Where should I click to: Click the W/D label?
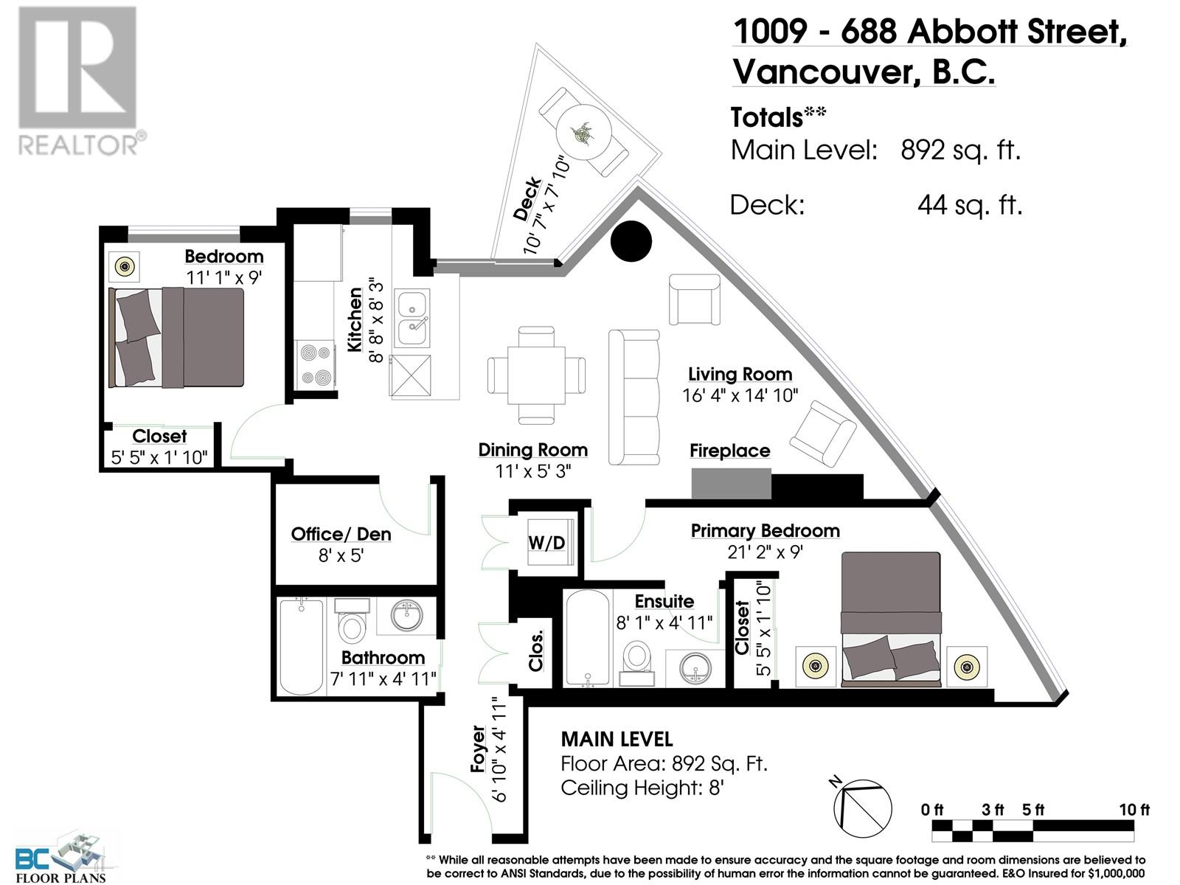(x=546, y=543)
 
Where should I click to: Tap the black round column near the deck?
(x=632, y=241)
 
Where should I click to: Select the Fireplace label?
(x=729, y=451)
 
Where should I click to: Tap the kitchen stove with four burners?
(x=316, y=364)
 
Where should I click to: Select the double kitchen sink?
(x=413, y=319)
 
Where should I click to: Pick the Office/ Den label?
(x=341, y=534)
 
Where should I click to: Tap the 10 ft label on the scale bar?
(x=1134, y=810)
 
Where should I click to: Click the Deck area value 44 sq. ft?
(x=970, y=205)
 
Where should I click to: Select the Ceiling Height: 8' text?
(x=642, y=788)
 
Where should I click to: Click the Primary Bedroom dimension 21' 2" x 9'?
(x=765, y=552)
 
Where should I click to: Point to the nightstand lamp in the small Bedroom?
(x=125, y=265)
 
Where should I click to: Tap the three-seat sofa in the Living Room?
(x=634, y=397)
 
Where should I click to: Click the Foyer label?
(x=478, y=749)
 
